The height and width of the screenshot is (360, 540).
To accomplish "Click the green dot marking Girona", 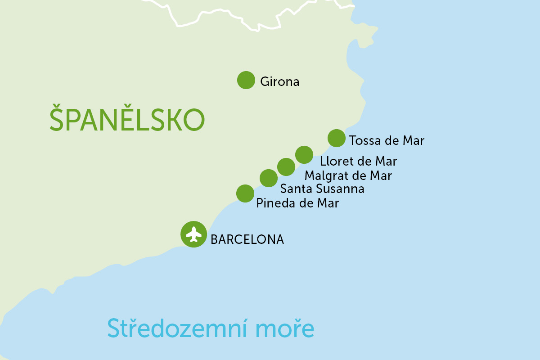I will point(246,80).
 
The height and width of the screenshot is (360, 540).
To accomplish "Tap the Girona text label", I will point(279,82).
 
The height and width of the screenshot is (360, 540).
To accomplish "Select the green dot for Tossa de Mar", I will point(336,138).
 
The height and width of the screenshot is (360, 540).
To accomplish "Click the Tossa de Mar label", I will point(386,141).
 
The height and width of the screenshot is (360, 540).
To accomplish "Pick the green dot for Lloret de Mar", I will point(304,155).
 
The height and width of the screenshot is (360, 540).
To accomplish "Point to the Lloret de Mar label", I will point(358,161).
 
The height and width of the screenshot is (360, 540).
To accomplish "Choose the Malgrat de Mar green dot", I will point(286,167).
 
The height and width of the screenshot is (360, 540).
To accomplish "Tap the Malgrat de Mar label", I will point(348,175).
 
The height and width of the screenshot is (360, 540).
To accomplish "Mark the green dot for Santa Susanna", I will point(268,178).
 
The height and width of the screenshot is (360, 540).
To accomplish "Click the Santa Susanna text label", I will point(322,189).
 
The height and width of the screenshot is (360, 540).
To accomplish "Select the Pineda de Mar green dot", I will point(245,193).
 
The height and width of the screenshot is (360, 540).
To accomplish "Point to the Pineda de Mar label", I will point(297,203).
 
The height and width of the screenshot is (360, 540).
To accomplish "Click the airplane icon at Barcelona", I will point(193,234).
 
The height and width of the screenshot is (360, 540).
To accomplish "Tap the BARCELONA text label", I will point(247,239).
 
